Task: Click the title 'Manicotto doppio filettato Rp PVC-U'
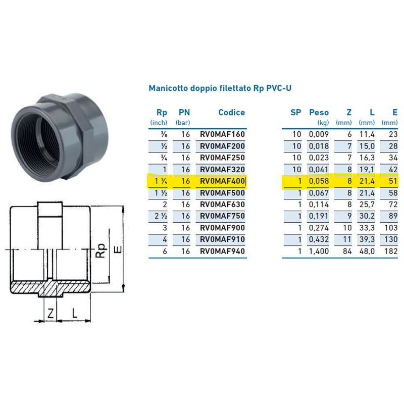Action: [220, 88]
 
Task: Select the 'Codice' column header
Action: [231, 113]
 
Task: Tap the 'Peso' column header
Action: [319, 113]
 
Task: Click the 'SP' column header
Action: [295, 113]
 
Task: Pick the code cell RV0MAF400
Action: [222, 181]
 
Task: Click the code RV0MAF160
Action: [222, 134]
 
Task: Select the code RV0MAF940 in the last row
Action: [222, 251]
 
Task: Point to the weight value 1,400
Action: [319, 251]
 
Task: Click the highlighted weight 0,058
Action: [319, 181]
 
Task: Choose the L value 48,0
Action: [366, 251]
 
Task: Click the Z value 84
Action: [346, 251]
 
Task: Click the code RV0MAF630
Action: [222, 205]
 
